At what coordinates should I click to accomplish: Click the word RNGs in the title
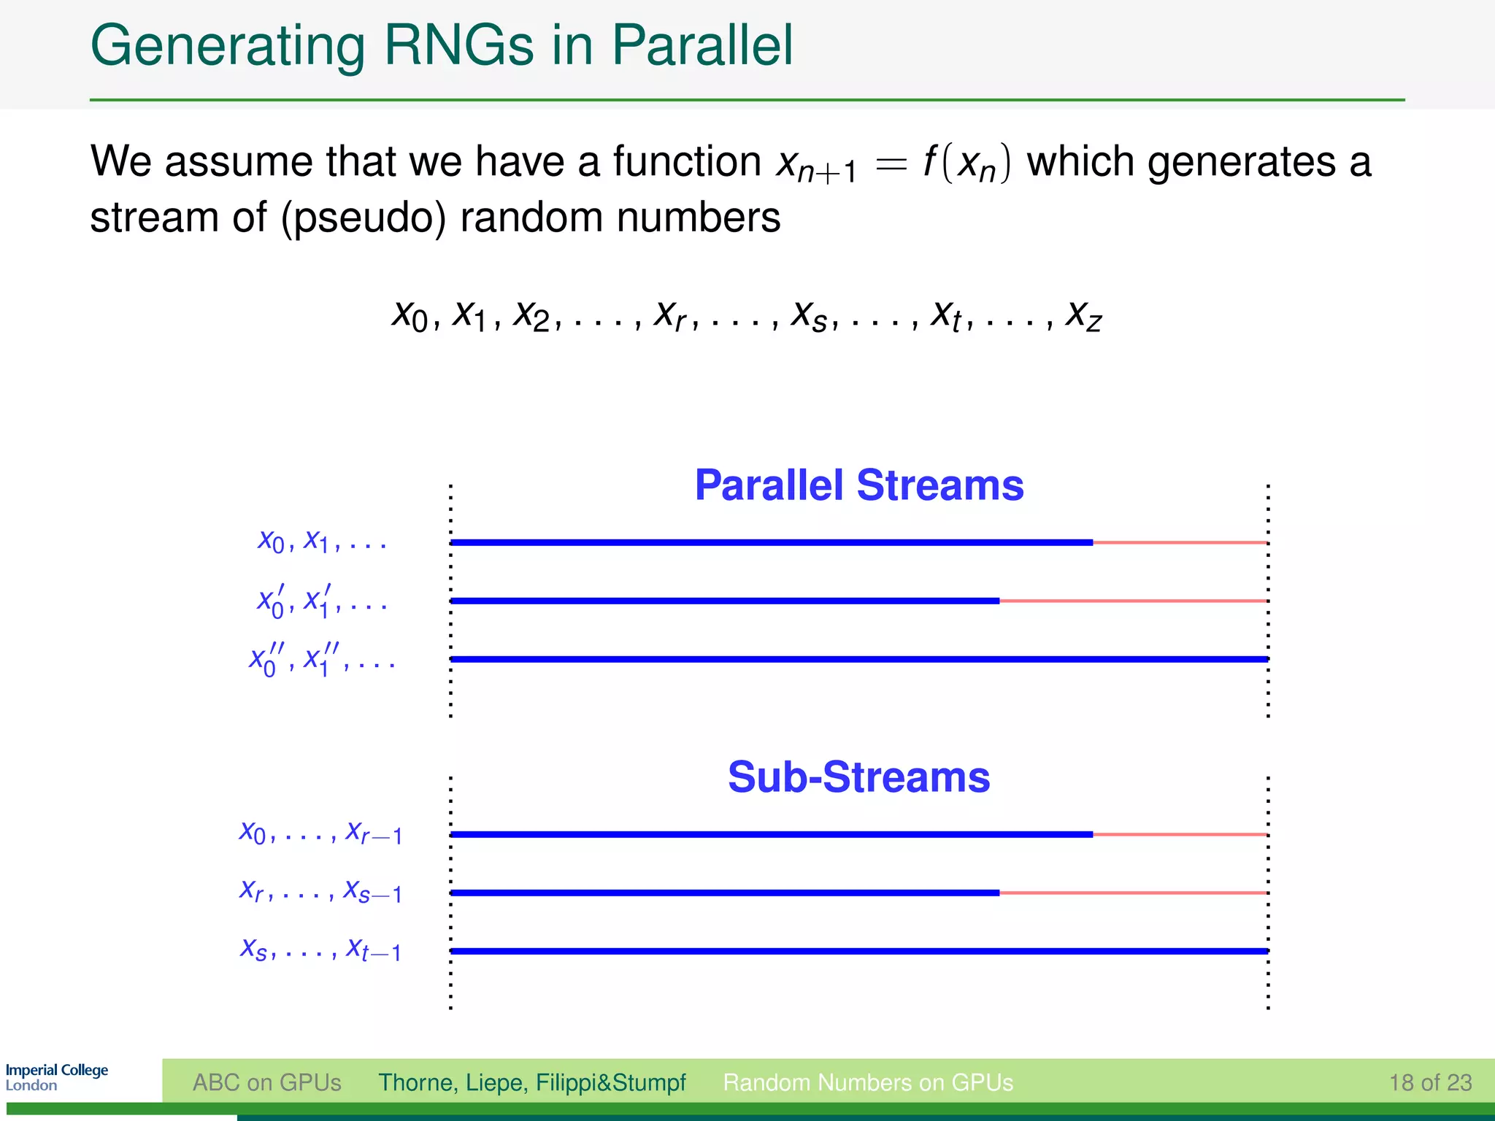(458, 45)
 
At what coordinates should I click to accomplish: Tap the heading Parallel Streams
(858, 485)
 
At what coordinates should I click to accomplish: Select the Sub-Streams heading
(858, 777)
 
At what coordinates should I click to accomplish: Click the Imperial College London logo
(57, 1077)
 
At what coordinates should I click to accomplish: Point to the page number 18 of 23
(1430, 1082)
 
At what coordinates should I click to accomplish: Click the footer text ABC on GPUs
(266, 1082)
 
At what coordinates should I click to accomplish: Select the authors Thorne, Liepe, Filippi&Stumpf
(531, 1082)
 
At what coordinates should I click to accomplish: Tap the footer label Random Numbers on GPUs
(867, 1082)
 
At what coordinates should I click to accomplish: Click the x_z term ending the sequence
(1083, 316)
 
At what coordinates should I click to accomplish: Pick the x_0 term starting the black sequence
(410, 316)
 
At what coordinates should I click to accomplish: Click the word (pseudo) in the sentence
(363, 218)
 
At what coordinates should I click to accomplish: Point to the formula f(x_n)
(967, 162)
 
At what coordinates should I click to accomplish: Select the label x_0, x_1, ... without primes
(321, 542)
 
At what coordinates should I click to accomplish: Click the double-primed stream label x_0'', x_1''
(321, 660)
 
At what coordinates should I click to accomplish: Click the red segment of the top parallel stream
(1180, 542)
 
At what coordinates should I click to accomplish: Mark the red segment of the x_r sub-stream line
(1133, 893)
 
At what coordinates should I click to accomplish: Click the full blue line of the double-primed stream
(858, 659)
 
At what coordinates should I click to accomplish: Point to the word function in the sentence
(686, 162)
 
